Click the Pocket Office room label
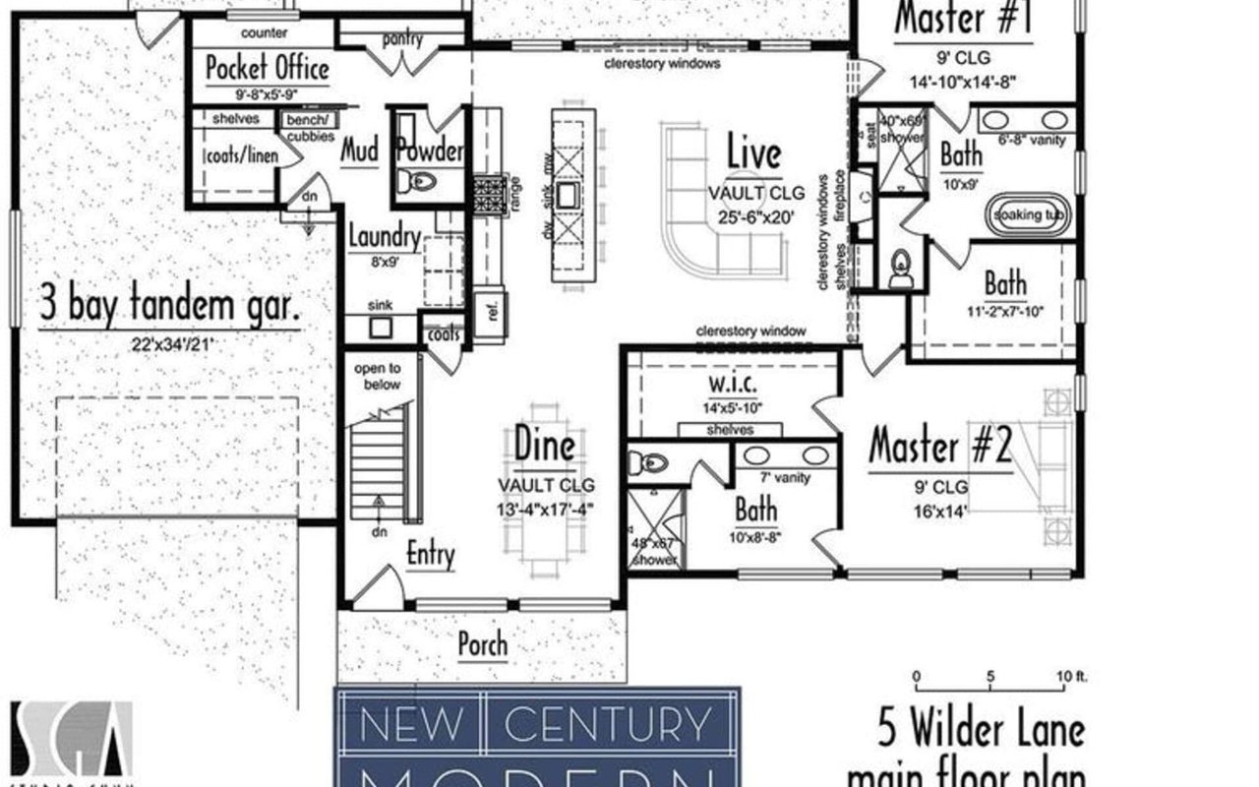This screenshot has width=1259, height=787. tap(267, 70)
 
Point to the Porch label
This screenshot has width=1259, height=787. tap(483, 645)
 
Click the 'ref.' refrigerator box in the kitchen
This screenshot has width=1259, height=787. tap(488, 303)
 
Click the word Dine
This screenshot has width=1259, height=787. tap(544, 446)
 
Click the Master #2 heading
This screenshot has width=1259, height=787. tap(939, 447)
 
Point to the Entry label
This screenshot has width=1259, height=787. tap(431, 555)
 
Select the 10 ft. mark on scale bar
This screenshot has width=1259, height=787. tap(1065, 676)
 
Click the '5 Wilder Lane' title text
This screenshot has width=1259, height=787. tap(981, 730)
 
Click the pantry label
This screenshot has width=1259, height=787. tap(401, 40)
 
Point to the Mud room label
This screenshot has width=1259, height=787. tap(360, 151)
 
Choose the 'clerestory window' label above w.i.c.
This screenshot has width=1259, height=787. tap(750, 332)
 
